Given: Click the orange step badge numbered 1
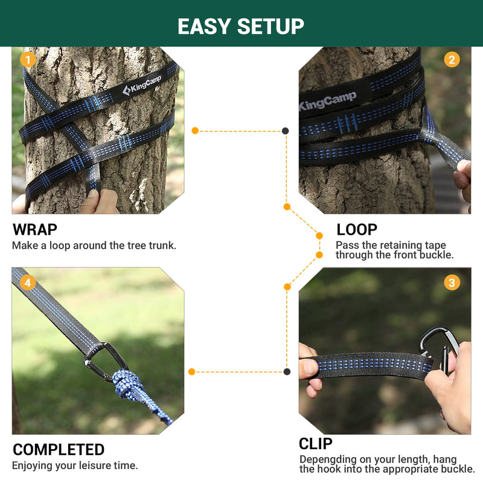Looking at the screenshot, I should pos(27,59).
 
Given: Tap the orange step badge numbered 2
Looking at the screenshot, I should pos(452,59).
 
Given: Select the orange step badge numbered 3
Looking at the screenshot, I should pos(452,282).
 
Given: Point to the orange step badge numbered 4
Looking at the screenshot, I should pos(27,282).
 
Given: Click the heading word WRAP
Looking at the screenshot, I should pos(35,229).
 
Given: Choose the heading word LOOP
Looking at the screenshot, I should pos(357,229).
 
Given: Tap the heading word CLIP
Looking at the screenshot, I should pos(316,444).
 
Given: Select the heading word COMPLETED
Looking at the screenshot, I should pos(59,450).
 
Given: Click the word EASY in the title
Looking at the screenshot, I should pos(204,26).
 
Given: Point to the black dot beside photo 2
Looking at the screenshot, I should pos(286,130).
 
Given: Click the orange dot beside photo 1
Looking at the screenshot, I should pos(195,130).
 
